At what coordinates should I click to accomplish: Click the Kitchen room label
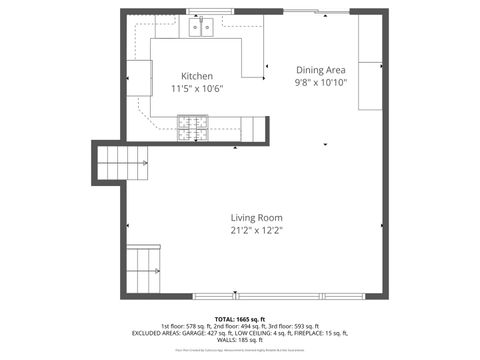click(x=196, y=76)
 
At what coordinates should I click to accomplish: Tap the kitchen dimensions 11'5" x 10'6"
click(x=196, y=89)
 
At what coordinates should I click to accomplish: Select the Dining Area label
click(x=321, y=70)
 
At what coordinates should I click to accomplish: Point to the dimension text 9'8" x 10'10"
click(x=321, y=83)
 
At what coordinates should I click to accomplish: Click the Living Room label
click(x=256, y=217)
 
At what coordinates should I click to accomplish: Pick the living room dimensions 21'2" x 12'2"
click(x=256, y=230)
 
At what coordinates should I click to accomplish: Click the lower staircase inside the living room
click(x=144, y=267)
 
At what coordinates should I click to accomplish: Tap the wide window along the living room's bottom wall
click(x=255, y=296)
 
